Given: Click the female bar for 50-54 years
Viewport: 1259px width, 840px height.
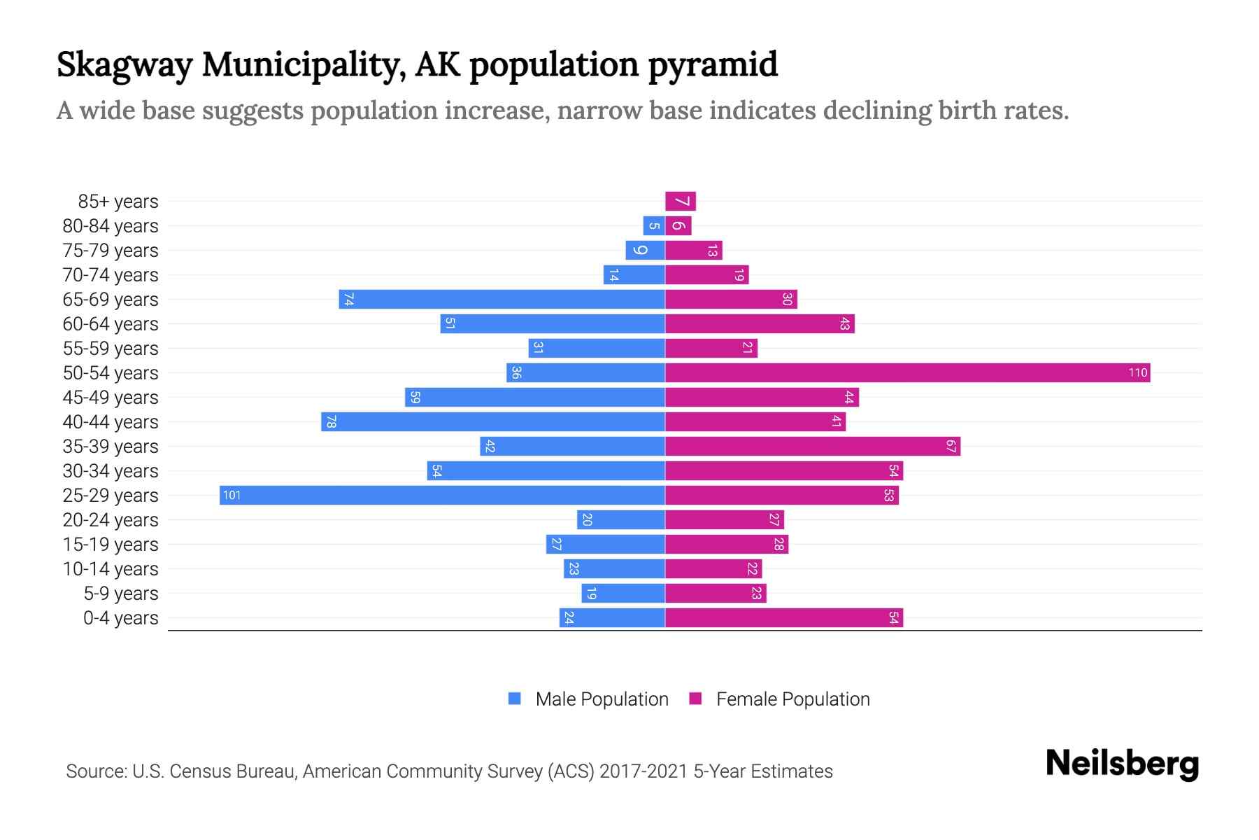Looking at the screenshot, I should tap(907, 373).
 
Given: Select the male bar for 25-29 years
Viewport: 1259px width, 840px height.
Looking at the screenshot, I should tap(442, 496).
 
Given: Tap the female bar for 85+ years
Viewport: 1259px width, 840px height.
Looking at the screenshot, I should tap(680, 202).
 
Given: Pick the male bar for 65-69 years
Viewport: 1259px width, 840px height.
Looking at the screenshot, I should tap(502, 300).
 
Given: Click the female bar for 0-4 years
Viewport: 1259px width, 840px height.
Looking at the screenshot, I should tap(783, 618).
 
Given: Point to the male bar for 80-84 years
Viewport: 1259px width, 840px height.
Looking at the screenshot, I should tap(654, 226).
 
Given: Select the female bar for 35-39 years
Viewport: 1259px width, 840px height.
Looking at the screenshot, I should tap(812, 447).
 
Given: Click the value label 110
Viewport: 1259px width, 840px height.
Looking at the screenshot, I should tap(1138, 373).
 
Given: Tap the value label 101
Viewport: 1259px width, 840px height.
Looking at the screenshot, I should tap(232, 496).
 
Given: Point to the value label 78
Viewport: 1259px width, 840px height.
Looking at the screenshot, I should tap(331, 422).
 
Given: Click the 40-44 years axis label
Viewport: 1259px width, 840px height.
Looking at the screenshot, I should tap(111, 422).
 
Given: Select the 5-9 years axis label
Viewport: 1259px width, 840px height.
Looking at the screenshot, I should tap(121, 594).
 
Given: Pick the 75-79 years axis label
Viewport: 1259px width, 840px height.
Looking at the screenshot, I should tap(111, 251).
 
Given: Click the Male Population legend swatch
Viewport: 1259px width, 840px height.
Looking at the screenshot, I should tap(515, 699).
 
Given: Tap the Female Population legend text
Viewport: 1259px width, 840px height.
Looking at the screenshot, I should tap(792, 699).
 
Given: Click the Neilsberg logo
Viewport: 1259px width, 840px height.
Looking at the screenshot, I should tap(1122, 764).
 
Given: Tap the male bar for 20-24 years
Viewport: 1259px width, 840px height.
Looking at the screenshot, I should tap(620, 520).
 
